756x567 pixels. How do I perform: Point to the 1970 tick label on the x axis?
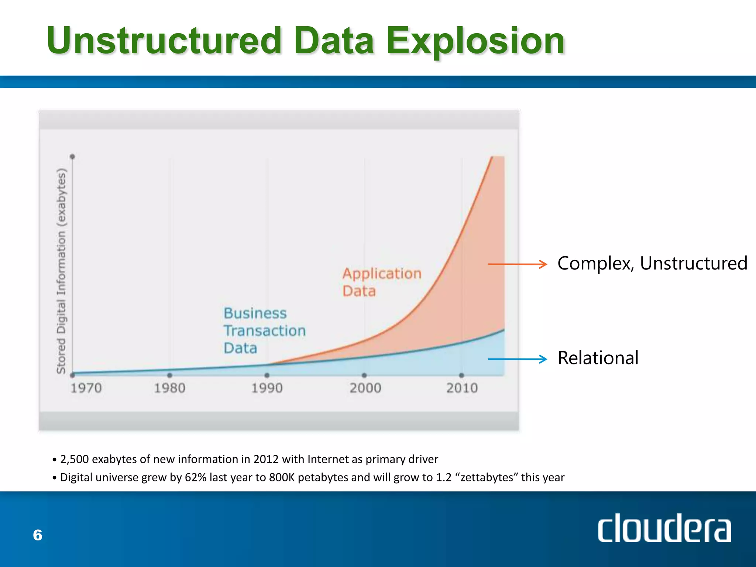[x=86, y=388]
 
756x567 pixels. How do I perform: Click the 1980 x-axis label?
[x=169, y=388]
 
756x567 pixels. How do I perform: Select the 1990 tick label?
[x=267, y=388]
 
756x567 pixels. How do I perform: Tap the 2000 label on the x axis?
[x=365, y=388]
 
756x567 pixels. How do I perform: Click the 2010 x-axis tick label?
[x=462, y=388]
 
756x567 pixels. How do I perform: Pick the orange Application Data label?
[x=381, y=282]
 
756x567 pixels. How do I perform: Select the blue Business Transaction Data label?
[x=264, y=330]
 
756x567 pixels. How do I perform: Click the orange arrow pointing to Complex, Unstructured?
[x=517, y=264]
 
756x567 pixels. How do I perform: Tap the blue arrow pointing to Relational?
[x=517, y=359]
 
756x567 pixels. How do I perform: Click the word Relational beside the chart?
[x=598, y=358]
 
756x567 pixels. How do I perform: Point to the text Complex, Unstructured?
[x=652, y=264]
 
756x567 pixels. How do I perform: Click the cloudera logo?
[x=664, y=529]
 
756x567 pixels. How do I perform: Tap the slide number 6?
[x=38, y=535]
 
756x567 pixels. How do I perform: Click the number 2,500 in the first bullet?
[x=74, y=459]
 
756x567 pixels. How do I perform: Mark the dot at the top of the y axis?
[x=72, y=157]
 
